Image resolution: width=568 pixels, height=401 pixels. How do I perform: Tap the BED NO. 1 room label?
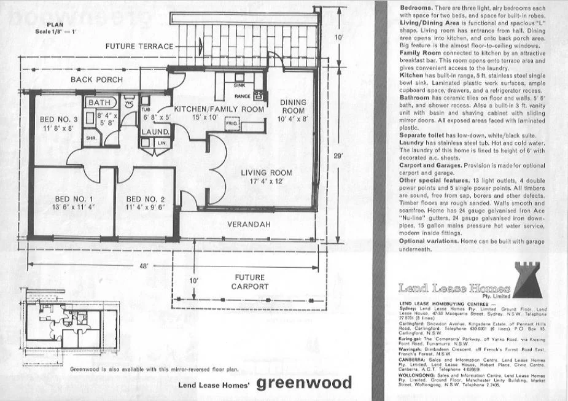coord(74,199)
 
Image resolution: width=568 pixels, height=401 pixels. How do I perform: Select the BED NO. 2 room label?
coord(145,199)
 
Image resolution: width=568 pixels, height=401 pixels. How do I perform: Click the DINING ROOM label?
coord(292,106)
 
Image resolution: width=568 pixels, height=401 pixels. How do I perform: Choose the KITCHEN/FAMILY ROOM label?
coord(219,109)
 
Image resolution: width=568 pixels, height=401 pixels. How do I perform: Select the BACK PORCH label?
coord(96,80)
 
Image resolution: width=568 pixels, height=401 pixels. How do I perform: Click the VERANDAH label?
coord(249,225)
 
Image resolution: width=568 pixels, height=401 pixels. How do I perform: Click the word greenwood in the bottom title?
coord(304,384)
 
